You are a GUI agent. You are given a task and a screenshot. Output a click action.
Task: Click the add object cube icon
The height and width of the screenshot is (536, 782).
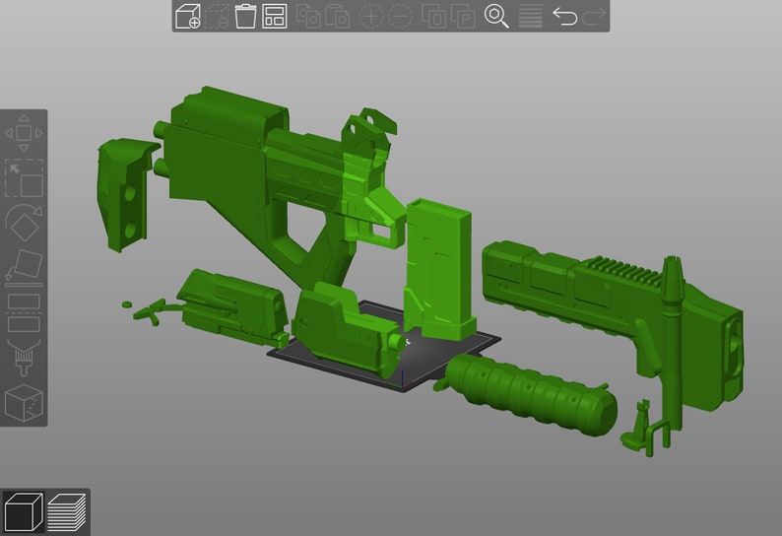click(187, 16)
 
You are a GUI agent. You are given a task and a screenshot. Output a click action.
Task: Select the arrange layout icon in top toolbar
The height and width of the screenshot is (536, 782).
click(275, 16)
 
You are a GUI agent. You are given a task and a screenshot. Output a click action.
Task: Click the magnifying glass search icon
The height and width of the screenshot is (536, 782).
click(496, 16)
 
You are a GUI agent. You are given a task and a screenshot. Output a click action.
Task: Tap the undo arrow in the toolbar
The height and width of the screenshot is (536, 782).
click(564, 16)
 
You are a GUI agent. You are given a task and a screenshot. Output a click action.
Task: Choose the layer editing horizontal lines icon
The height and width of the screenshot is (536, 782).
click(530, 16)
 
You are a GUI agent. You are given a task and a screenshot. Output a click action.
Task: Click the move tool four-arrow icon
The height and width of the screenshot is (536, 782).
click(24, 132)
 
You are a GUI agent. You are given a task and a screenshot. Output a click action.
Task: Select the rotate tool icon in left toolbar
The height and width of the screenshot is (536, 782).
click(24, 222)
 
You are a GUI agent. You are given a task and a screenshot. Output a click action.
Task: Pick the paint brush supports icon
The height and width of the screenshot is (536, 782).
click(24, 357)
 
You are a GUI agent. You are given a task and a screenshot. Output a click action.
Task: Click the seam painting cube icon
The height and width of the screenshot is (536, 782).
click(24, 402)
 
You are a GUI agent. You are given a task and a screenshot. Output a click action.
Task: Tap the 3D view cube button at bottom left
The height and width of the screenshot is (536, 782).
click(23, 511)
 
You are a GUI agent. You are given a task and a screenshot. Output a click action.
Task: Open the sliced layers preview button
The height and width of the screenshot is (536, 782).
click(67, 511)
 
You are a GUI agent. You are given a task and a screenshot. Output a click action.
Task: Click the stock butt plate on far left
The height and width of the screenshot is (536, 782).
click(126, 192)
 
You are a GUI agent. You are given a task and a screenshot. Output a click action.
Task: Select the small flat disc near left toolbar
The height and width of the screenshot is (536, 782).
click(126, 304)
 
